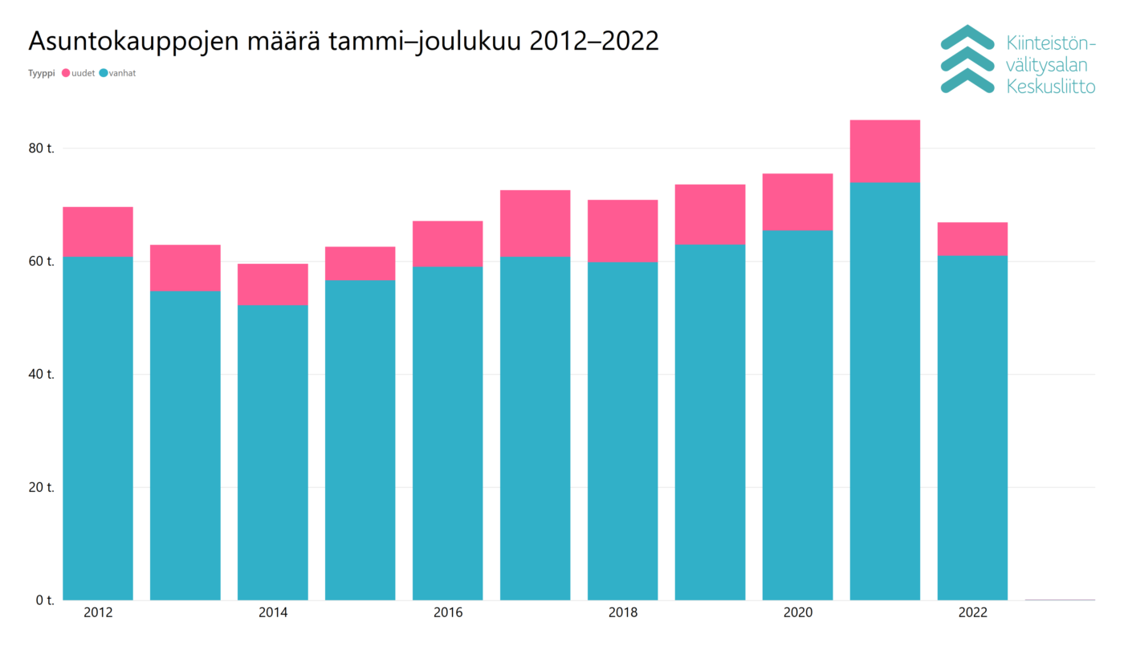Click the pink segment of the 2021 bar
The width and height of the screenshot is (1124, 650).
885,151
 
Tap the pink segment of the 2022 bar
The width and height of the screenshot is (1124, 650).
972,239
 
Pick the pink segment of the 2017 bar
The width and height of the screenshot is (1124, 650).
535,223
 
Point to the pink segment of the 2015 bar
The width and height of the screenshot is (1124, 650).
360,263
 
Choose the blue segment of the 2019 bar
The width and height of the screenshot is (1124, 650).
710,422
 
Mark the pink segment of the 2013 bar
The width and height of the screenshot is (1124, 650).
185,268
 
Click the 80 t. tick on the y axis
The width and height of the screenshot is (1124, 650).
40,148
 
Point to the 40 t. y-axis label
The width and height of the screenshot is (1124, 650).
40,375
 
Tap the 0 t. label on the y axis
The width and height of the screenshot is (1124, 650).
43,600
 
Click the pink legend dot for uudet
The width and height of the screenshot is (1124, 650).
66,74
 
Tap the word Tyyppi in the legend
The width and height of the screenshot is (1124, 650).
41,74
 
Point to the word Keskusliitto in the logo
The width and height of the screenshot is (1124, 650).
1050,87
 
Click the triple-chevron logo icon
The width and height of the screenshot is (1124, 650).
967,59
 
